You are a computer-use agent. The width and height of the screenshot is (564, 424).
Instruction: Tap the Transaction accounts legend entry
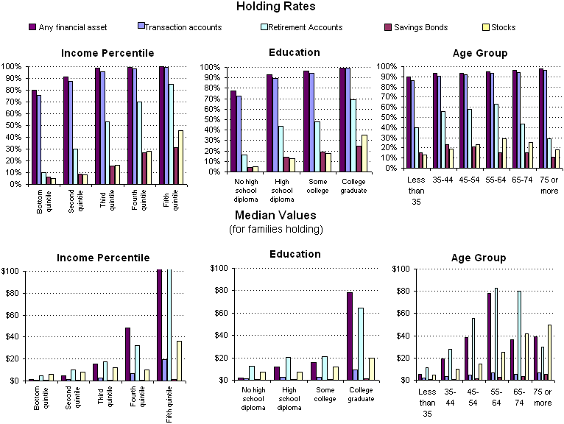(183, 27)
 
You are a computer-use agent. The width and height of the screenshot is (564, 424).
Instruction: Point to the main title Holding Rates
(276, 7)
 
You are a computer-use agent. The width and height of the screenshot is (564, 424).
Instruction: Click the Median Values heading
(276, 216)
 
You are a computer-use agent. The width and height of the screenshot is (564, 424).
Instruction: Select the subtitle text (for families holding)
(276, 230)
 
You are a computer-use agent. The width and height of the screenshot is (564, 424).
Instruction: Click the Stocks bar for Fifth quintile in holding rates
(181, 157)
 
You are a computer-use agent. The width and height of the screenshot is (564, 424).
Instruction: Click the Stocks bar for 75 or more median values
(549, 352)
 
